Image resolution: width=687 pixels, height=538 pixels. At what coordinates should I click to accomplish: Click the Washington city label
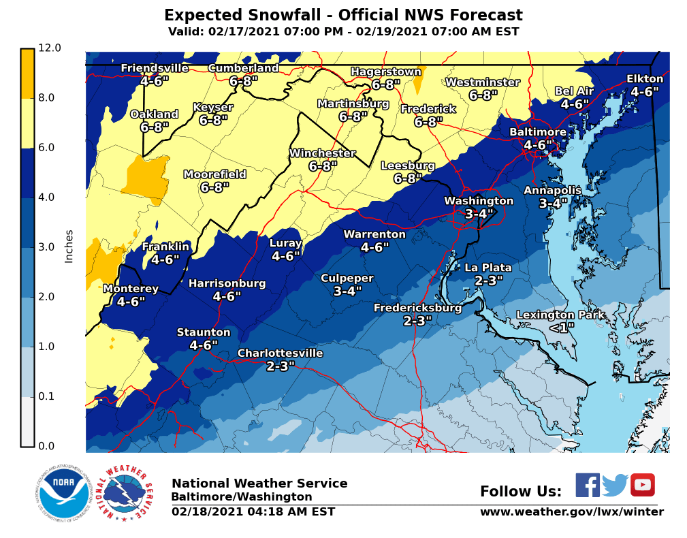pyautogui.click(x=479, y=201)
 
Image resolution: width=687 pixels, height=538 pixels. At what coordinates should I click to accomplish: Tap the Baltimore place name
pyautogui.click(x=538, y=132)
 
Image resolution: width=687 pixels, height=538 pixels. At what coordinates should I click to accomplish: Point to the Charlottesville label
pyautogui.click(x=280, y=353)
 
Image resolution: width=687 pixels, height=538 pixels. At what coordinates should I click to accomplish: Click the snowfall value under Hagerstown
pyautogui.click(x=386, y=85)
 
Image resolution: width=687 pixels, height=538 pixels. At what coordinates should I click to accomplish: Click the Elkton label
pyautogui.click(x=644, y=79)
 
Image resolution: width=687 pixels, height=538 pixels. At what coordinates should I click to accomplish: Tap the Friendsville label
pyautogui.click(x=155, y=68)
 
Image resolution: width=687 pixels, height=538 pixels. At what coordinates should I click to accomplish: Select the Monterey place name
pyautogui.click(x=131, y=289)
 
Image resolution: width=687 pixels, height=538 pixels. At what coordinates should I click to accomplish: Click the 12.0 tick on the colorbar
pyautogui.click(x=50, y=48)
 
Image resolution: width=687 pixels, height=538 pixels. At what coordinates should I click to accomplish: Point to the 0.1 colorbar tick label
pyautogui.click(x=50, y=396)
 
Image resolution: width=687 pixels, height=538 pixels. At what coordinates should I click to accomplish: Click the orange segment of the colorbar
pyautogui.click(x=27, y=74)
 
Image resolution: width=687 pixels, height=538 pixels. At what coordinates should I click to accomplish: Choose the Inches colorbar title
pyautogui.click(x=69, y=247)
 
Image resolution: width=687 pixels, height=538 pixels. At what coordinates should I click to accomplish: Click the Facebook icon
pyautogui.click(x=588, y=485)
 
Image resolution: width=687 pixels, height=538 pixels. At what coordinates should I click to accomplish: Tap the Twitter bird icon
pyautogui.click(x=615, y=485)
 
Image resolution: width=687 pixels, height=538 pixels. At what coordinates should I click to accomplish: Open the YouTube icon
pyautogui.click(x=642, y=485)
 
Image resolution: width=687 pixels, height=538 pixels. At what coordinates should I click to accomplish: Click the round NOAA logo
pyautogui.click(x=64, y=494)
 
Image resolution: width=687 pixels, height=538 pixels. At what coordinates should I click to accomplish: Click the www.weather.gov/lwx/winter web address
pyautogui.click(x=571, y=512)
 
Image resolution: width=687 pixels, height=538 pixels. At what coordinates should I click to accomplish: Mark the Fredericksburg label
pyautogui.click(x=417, y=308)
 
